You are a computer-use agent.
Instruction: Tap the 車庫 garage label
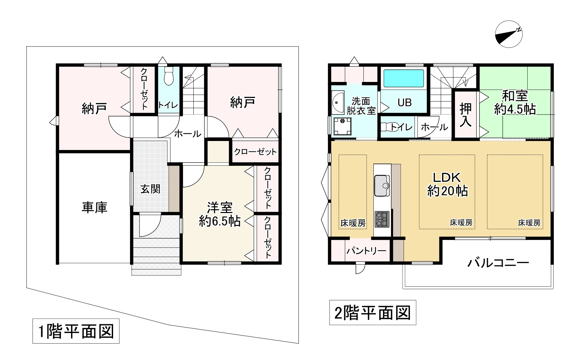coord(95,207)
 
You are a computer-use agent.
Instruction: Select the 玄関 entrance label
coord(150,189)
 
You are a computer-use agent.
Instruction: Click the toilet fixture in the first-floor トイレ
coord(169,76)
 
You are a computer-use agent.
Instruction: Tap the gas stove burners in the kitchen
coord(382,219)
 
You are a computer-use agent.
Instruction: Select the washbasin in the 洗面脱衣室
coord(338,102)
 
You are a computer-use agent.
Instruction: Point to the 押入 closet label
coord(465,114)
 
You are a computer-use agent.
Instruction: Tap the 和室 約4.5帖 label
coord(515,103)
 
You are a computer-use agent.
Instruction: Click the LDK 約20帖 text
coord(447,184)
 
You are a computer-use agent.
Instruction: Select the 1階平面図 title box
coord(76,331)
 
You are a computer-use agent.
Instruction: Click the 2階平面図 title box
coord(372,313)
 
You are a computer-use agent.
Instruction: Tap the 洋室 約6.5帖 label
coord(220,214)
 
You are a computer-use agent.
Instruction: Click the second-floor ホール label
coord(434,127)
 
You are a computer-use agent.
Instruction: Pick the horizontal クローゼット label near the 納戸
coord(255,152)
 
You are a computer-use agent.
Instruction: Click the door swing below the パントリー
coord(359,268)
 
